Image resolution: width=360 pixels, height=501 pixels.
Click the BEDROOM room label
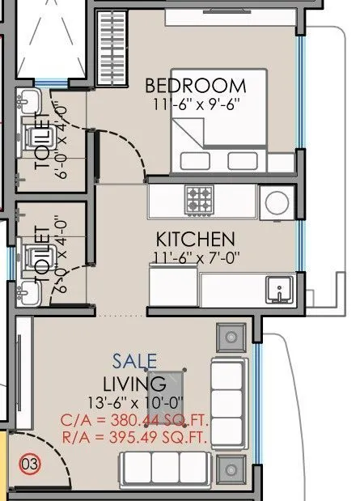pos(195,85)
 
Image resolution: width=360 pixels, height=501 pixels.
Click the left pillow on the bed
pos(192,159)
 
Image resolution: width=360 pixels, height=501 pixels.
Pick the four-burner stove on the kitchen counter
pos(199,197)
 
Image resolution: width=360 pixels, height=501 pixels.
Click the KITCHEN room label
pos(195,240)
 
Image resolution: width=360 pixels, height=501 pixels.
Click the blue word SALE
pos(135,361)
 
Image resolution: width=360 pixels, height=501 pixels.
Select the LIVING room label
pos(135,383)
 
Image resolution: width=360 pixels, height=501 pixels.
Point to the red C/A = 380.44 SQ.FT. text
pos(133,419)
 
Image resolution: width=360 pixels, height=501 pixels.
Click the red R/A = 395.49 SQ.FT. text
pos(133,438)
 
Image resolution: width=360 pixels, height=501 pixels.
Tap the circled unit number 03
pos(29,465)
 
